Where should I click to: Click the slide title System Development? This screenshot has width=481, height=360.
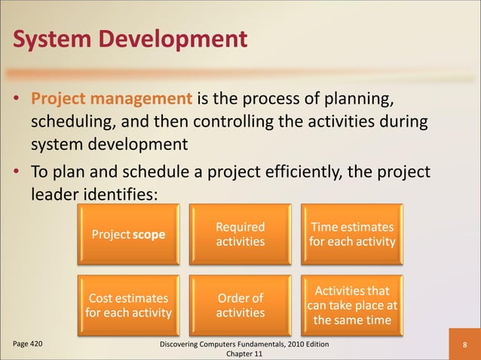(129, 37)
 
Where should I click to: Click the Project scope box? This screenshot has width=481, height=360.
(127, 234)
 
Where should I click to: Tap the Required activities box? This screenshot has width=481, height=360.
(240, 234)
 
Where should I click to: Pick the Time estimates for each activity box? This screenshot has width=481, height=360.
(351, 234)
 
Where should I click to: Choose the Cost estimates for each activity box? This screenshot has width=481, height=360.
(127, 305)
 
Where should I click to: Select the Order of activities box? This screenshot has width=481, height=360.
(240, 305)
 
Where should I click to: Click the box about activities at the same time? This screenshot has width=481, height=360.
(351, 305)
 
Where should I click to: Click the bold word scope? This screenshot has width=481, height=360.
(149, 234)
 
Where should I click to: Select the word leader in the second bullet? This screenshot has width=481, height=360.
(55, 194)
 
